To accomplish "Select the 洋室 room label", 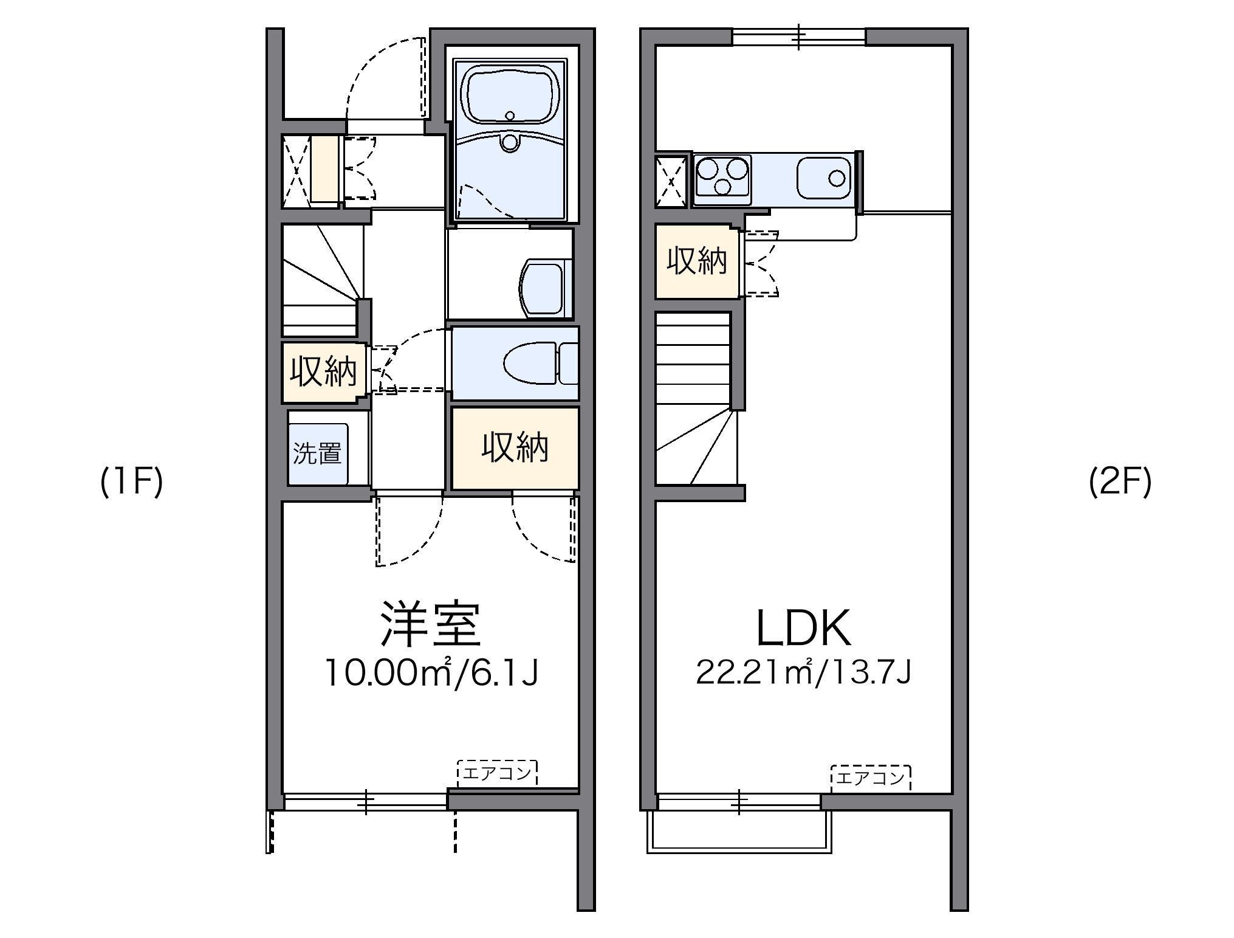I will coord(430,624).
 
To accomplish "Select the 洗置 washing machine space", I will coord(317,453).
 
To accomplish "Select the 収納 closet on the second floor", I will coord(696,261).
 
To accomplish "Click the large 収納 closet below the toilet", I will coord(515,448).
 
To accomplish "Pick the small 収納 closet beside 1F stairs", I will coord(323,371).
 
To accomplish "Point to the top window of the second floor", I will coord(798,36).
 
